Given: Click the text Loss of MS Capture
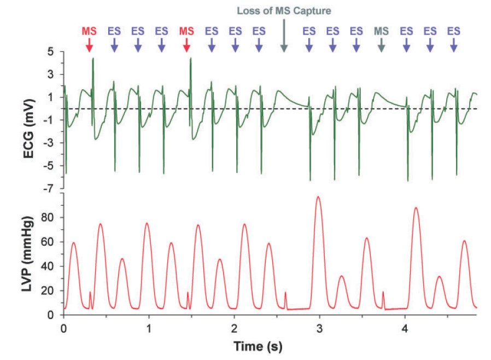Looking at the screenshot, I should [x=284, y=10].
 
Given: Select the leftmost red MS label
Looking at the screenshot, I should [x=89, y=31].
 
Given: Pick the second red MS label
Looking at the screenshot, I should [x=186, y=31].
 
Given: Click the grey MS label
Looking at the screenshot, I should [x=381, y=31].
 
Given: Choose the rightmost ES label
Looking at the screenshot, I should [x=453, y=31].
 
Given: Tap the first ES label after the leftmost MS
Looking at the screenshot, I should [x=114, y=31].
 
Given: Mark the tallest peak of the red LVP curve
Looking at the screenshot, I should [x=318, y=196].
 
